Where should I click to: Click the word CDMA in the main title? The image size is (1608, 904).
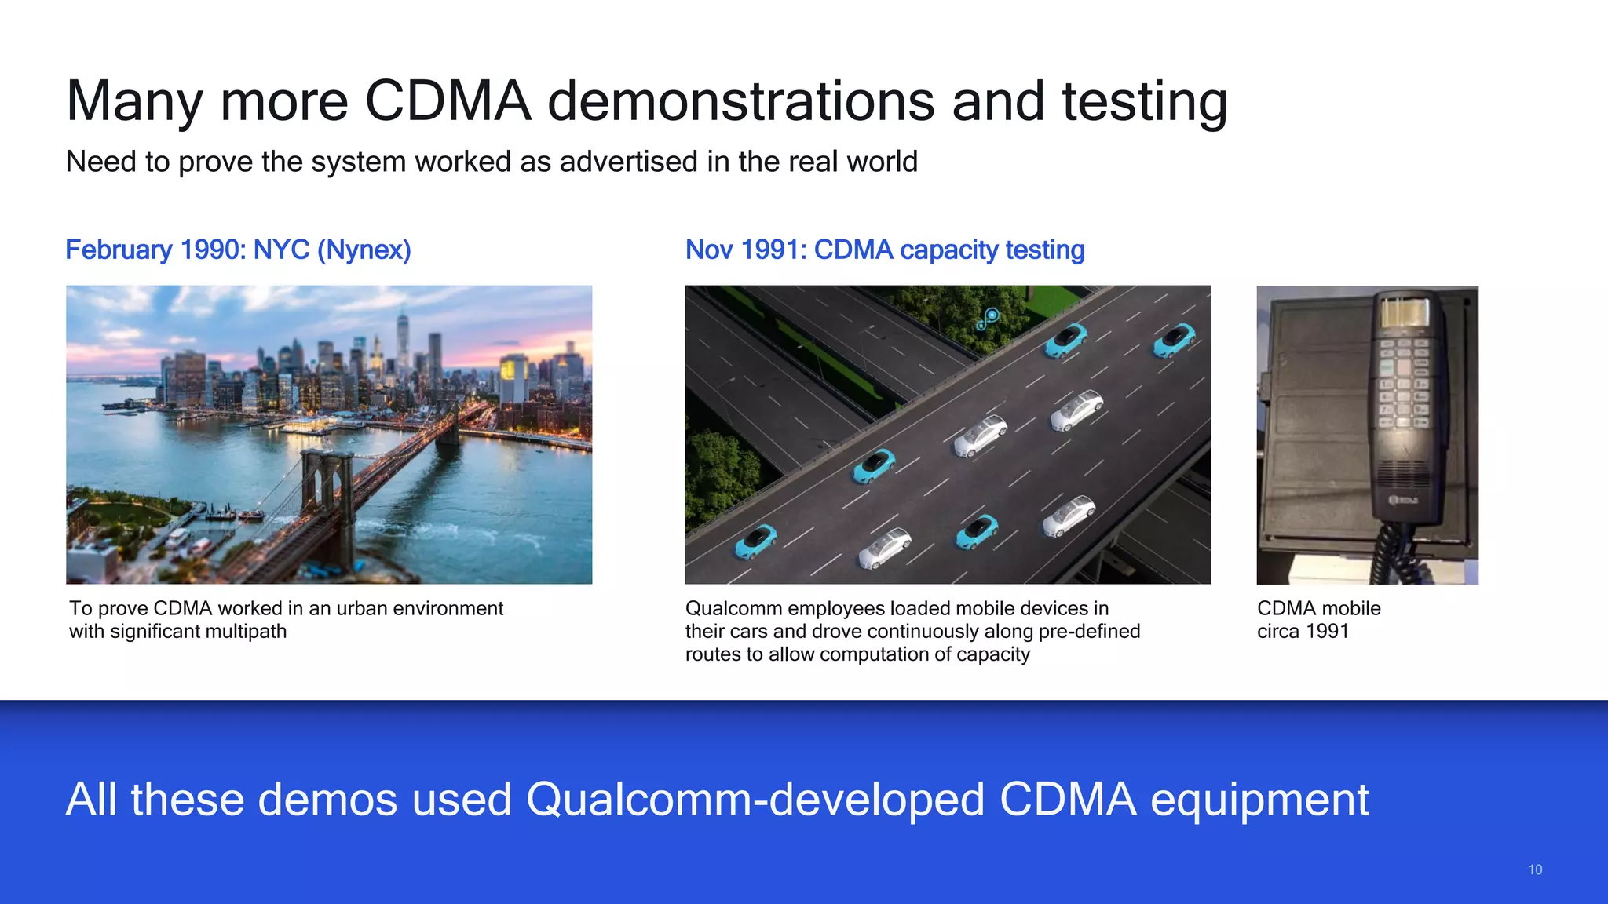448,101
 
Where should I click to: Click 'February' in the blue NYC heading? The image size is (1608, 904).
119,250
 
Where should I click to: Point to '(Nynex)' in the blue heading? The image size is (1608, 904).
364,250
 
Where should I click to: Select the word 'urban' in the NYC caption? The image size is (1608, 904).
361,608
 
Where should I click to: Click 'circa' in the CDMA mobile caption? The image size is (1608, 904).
1277,632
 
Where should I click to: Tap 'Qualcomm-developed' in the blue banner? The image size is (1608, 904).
755,800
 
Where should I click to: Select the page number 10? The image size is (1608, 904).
1535,869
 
